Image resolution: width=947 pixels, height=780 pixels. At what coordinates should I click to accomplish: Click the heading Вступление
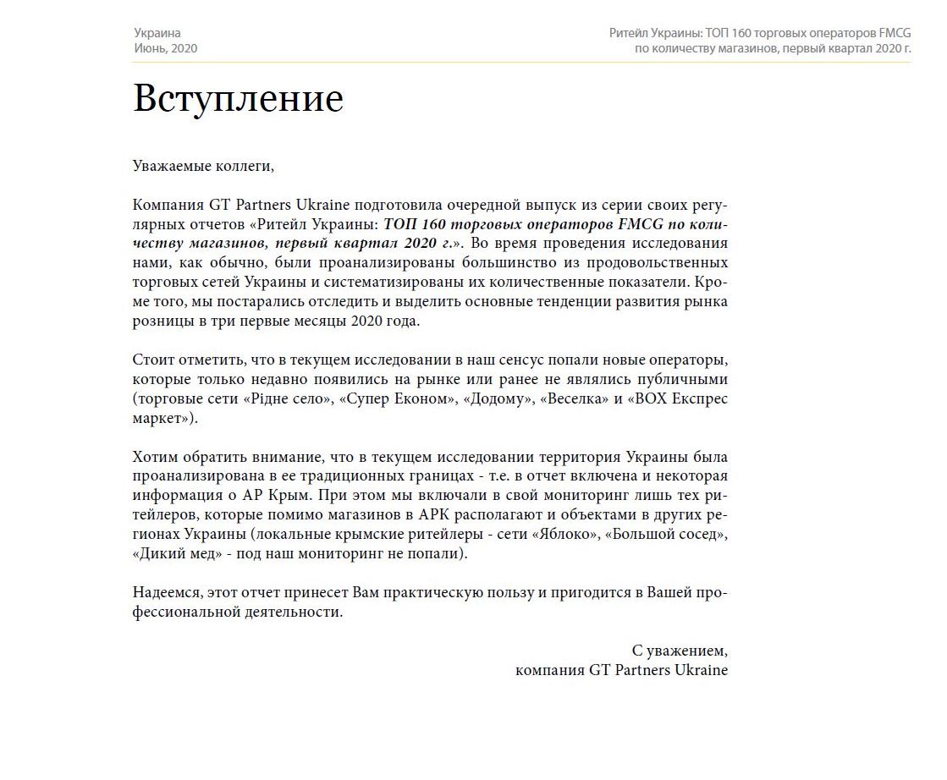point(238,99)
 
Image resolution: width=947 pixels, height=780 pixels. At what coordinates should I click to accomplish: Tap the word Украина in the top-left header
point(157,33)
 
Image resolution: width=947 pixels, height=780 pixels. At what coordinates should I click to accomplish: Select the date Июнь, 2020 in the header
point(165,48)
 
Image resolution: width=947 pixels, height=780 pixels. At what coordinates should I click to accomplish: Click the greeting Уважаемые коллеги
point(203,165)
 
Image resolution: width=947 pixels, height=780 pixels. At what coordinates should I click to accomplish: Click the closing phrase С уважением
point(680,651)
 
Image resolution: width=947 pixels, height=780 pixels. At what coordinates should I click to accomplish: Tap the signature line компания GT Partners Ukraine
point(621,670)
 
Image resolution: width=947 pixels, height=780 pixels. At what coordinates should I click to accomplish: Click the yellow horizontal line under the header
point(521,63)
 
